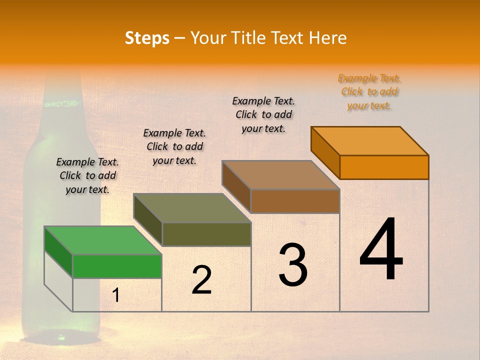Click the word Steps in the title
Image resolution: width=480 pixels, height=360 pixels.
(x=147, y=38)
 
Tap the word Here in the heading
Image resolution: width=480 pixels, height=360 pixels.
(x=327, y=38)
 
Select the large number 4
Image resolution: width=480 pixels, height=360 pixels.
(x=381, y=250)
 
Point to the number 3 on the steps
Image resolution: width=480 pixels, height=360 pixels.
(x=293, y=265)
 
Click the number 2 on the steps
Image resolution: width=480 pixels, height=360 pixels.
(x=201, y=280)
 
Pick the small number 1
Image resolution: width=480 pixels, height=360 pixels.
(x=115, y=295)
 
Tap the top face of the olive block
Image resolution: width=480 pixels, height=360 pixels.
(x=192, y=208)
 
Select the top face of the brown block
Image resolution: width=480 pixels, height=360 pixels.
(x=281, y=175)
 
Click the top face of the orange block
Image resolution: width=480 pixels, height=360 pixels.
(x=370, y=141)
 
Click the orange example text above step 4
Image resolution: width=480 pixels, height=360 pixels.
(x=369, y=92)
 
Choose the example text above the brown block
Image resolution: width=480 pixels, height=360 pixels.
(x=263, y=114)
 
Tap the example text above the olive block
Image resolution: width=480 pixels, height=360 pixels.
(x=174, y=146)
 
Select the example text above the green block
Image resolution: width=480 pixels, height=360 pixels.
(x=87, y=175)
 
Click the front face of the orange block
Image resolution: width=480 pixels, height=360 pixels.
(x=384, y=167)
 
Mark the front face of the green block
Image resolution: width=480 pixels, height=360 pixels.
(x=117, y=266)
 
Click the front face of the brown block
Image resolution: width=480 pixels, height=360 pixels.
(x=295, y=201)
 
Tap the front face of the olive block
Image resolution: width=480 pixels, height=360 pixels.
(x=206, y=234)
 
